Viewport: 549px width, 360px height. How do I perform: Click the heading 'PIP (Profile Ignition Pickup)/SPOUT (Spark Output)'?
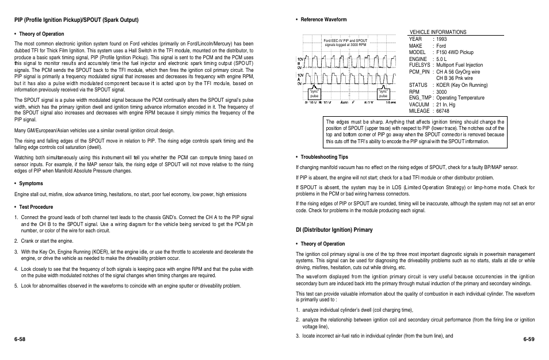(x=77, y=20)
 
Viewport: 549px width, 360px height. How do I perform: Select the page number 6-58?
(x=20, y=340)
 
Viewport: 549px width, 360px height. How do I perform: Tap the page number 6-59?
(x=528, y=340)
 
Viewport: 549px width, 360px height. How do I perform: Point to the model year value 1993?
(x=441, y=39)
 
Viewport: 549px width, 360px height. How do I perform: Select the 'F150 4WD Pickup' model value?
(x=455, y=52)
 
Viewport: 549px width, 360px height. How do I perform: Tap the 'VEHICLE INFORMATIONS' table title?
(x=437, y=32)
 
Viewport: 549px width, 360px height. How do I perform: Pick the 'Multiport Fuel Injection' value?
(x=459, y=66)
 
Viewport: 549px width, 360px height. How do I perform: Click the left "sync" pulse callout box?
(x=314, y=94)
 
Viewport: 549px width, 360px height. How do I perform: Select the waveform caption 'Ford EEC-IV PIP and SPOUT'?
(x=345, y=41)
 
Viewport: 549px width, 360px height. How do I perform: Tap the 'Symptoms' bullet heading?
(x=32, y=183)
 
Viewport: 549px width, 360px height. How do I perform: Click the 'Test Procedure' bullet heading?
(x=36, y=206)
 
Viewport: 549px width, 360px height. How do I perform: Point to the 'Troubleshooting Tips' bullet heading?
(x=325, y=157)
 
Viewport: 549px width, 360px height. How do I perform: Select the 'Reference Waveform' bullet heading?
(x=323, y=20)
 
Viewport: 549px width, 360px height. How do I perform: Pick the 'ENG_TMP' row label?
(x=421, y=98)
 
